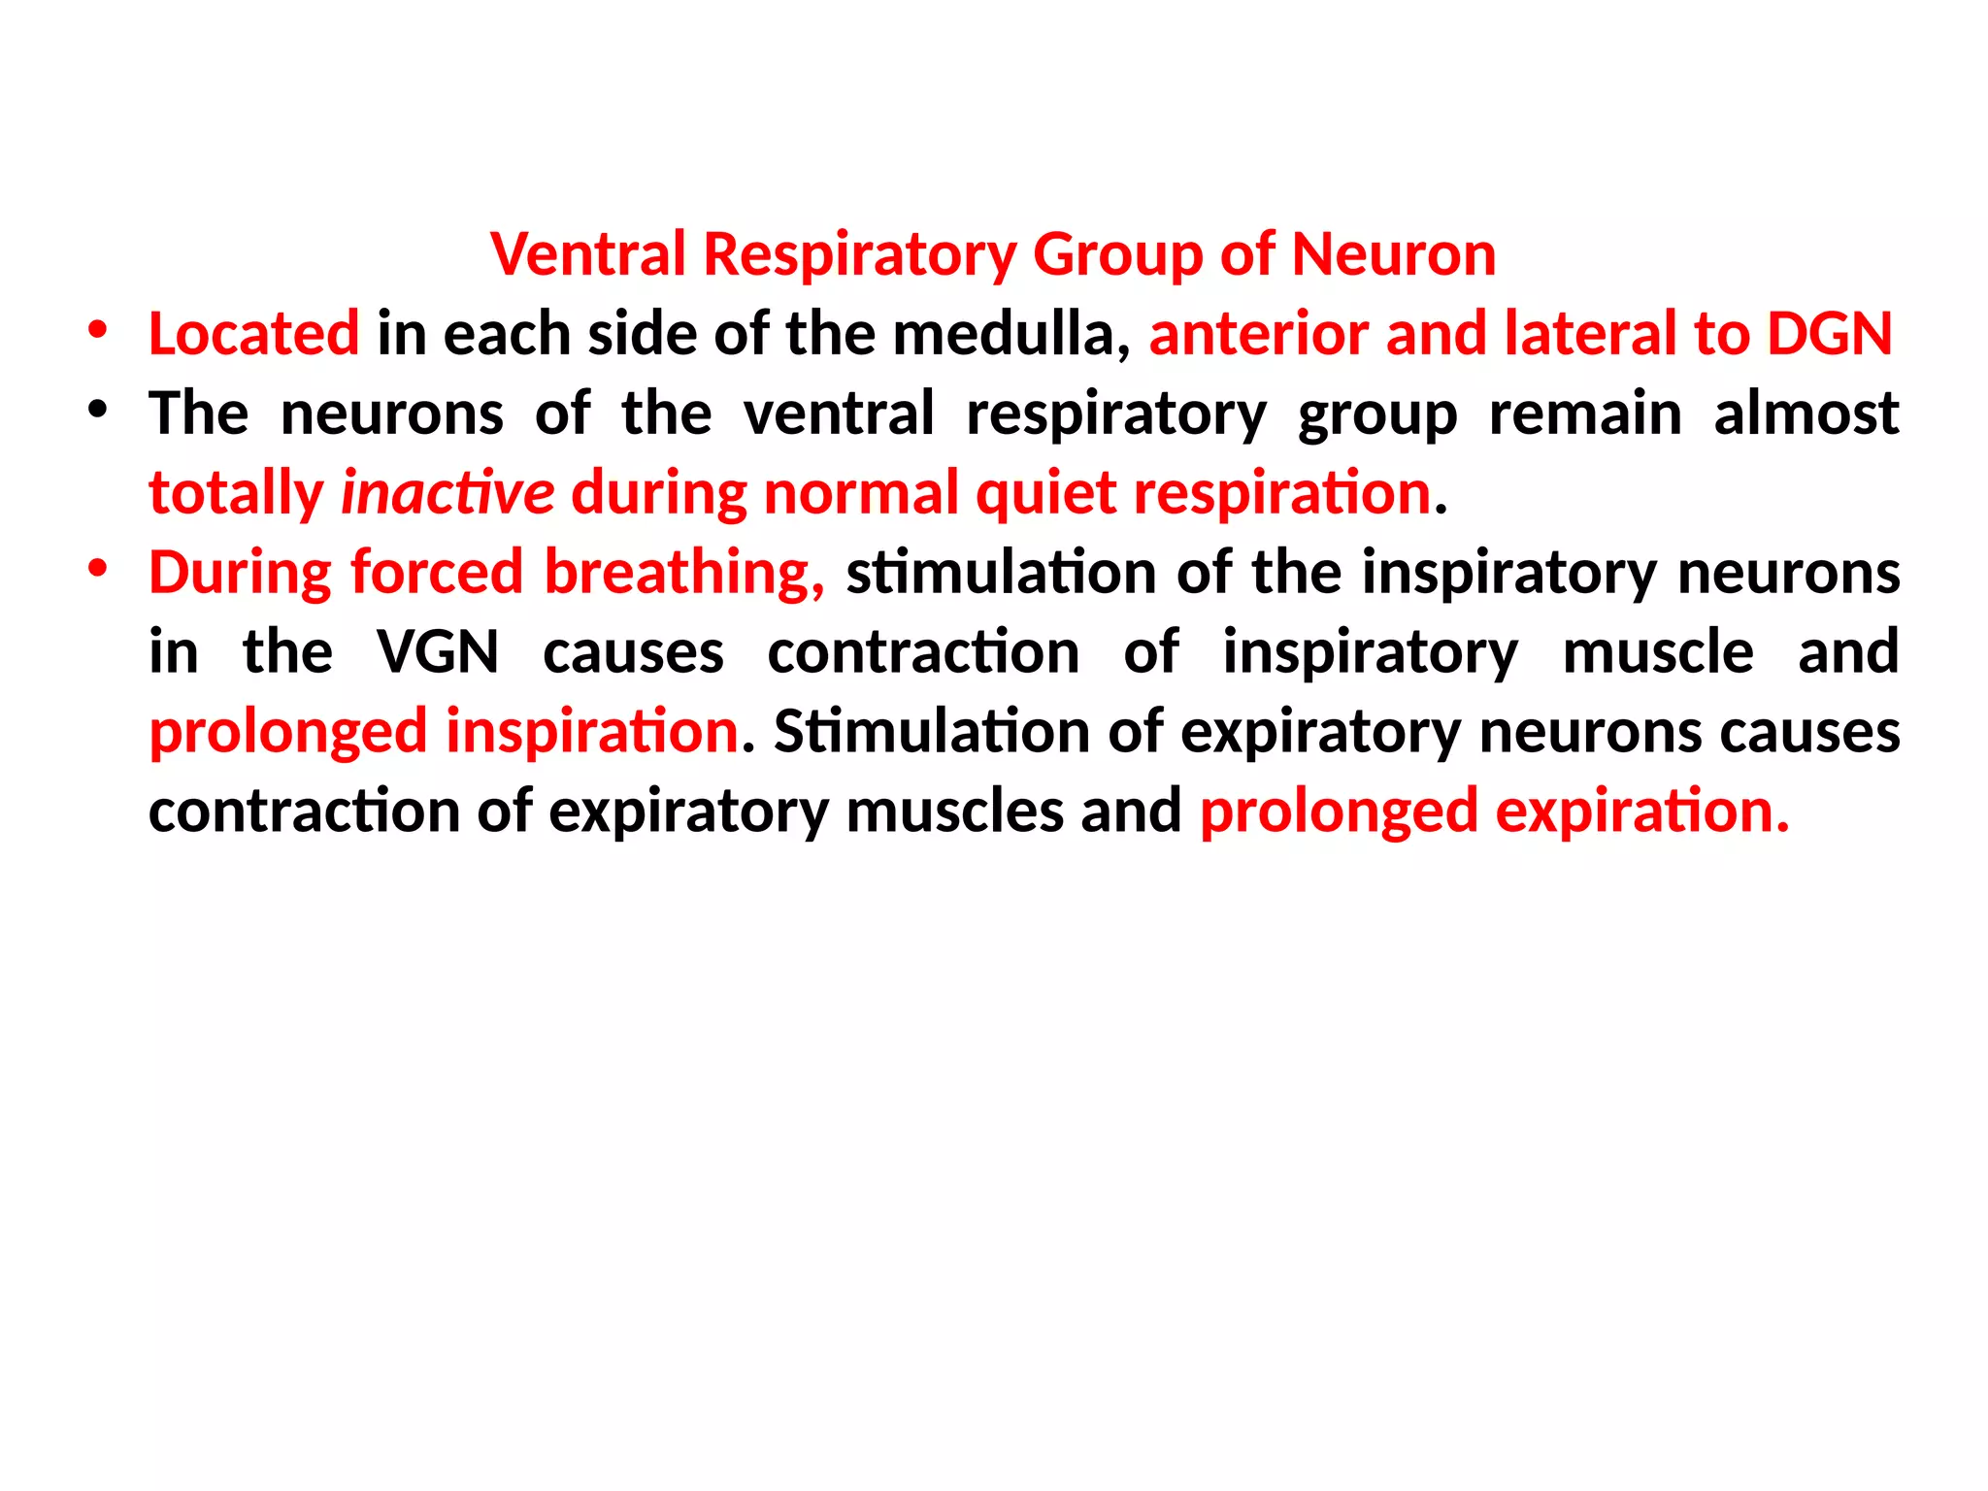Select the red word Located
click(253, 334)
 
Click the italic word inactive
click(447, 493)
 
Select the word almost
click(1806, 414)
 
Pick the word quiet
click(1045, 493)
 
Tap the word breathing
click(683, 573)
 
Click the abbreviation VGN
click(438, 652)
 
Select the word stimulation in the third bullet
click(1000, 573)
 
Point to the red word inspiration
click(592, 732)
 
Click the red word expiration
click(1641, 812)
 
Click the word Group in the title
click(1116, 254)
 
